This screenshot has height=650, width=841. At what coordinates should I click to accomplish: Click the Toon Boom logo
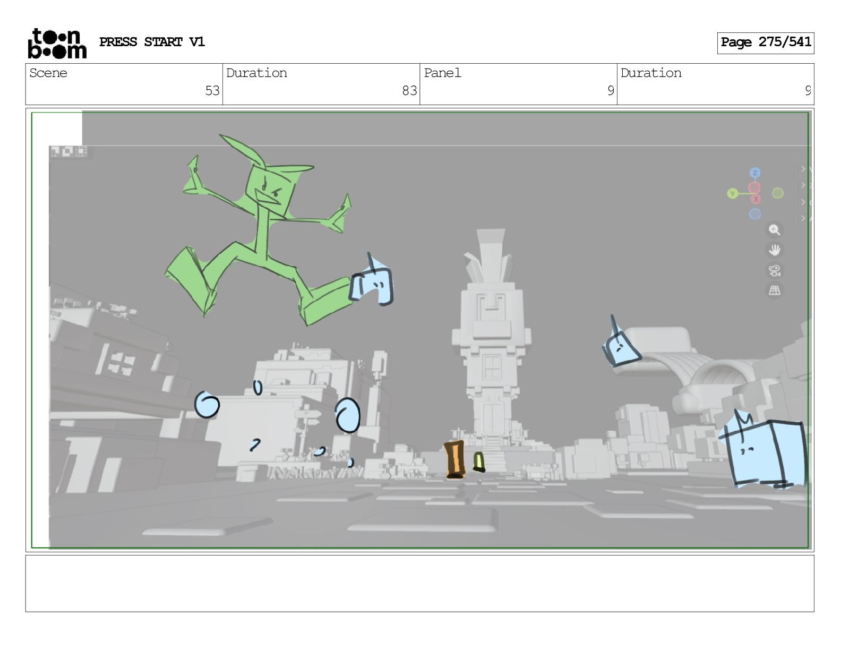[57, 44]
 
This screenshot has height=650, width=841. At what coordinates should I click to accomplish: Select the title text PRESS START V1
[152, 42]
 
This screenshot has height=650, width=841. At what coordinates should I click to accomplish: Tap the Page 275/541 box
[765, 43]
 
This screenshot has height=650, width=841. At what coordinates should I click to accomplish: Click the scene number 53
[212, 91]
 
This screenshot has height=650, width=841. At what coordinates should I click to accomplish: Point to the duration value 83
[409, 91]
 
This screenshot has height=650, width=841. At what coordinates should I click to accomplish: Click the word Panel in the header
[442, 73]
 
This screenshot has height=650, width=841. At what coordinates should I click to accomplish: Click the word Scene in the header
[48, 73]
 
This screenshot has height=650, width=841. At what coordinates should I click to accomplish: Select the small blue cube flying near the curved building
[621, 345]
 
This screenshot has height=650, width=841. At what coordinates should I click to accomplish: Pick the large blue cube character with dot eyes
[763, 451]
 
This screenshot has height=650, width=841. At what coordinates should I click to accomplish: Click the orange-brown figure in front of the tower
[455, 459]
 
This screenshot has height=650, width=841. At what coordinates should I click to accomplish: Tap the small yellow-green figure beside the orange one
[479, 462]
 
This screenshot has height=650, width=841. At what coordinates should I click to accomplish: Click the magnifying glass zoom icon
[774, 230]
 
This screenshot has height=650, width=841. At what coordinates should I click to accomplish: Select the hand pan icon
[774, 250]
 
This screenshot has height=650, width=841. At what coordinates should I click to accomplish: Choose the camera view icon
[774, 271]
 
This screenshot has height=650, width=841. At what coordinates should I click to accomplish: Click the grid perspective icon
[774, 290]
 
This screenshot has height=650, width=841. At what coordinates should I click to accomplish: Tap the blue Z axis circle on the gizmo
[754, 173]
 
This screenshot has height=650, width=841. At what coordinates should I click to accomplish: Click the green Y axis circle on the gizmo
[732, 193]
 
